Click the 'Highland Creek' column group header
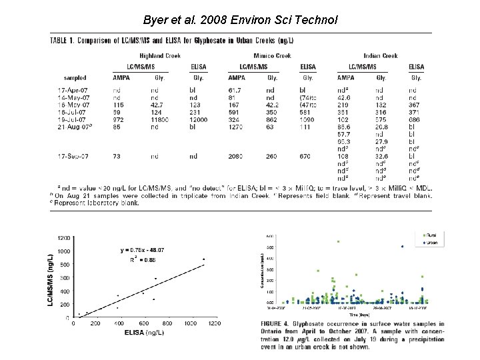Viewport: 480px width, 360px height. [159, 55]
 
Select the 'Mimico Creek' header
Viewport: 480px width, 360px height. [273, 55]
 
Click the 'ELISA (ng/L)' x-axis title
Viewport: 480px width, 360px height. [143, 332]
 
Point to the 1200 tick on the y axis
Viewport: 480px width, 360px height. [64, 238]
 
